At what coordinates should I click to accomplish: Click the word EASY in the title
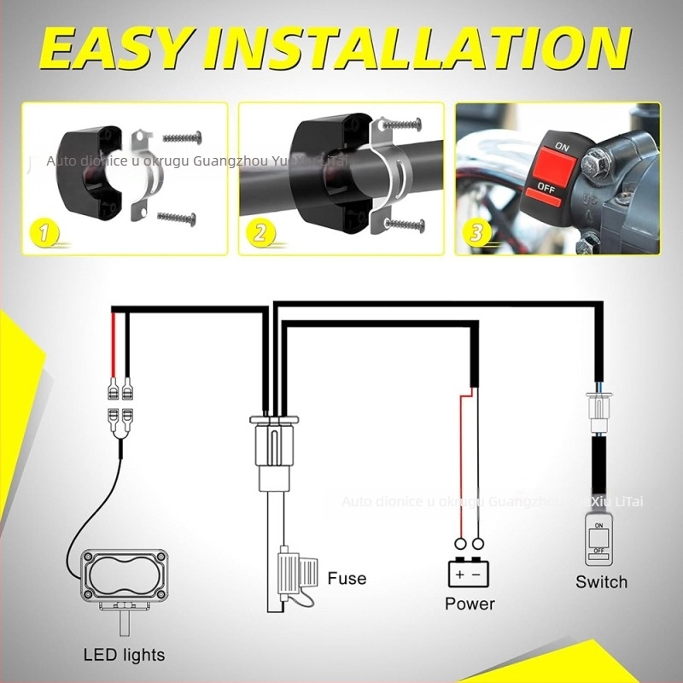[x=116, y=49]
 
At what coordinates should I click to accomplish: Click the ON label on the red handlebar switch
[x=561, y=147]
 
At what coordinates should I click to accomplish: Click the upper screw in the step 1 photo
[x=181, y=137]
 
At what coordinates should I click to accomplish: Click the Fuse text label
[x=347, y=578]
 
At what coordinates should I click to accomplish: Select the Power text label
[x=470, y=604]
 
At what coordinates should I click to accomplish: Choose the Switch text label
[x=601, y=582]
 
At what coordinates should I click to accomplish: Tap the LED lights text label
[x=124, y=656]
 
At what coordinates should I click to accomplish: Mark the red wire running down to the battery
[x=461, y=461]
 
